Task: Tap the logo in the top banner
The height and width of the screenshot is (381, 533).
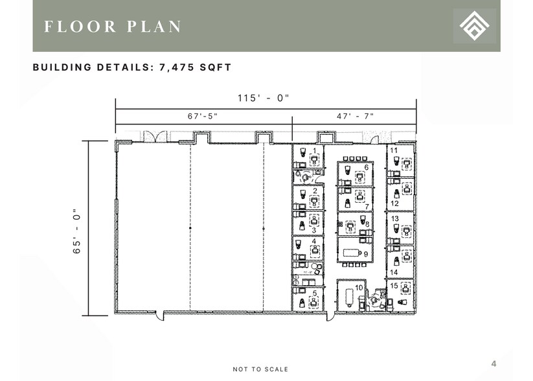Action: click(475, 26)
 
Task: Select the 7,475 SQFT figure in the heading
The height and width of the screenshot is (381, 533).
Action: click(196, 67)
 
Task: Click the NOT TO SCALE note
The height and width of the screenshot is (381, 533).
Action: click(261, 369)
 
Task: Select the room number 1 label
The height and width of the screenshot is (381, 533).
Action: click(315, 150)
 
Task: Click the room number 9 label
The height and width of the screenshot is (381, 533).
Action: click(366, 255)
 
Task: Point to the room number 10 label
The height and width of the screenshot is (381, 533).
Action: click(357, 287)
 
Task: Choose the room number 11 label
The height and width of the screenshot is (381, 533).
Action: click(394, 150)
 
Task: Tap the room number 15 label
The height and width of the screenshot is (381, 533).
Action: click(394, 285)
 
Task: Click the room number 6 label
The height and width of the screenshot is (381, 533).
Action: click(367, 167)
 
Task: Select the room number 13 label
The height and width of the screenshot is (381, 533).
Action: click(394, 219)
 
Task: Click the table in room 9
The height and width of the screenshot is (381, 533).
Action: click(352, 250)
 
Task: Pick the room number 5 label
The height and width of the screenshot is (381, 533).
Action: click(315, 293)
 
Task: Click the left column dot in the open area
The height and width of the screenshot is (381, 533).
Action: click(190, 229)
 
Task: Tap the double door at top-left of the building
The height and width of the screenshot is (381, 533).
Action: click(155, 137)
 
